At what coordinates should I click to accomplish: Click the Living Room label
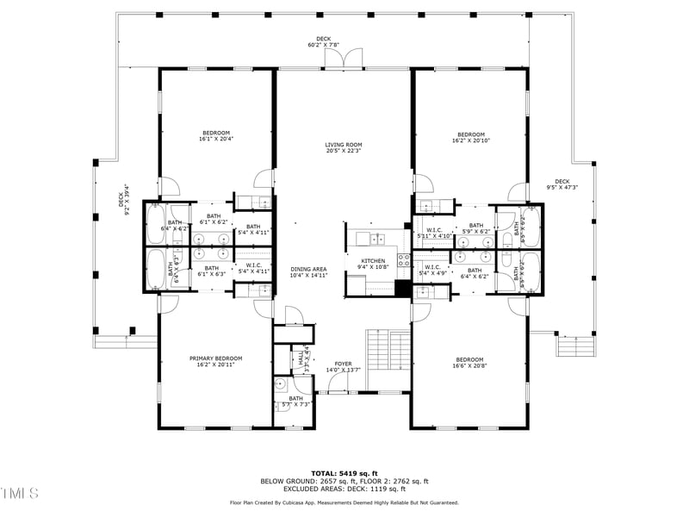click(343, 147)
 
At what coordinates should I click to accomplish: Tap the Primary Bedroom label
click(215, 361)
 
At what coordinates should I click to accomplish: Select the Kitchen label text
click(373, 264)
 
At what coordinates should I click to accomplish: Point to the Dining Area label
click(308, 272)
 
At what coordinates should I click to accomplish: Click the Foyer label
click(343, 366)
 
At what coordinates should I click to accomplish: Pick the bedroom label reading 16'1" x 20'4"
click(215, 135)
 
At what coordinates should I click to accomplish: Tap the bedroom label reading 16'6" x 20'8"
click(470, 363)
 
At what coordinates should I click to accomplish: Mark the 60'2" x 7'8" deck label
click(323, 41)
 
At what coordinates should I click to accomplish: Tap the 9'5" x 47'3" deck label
click(562, 184)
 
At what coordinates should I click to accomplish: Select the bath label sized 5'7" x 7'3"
click(296, 401)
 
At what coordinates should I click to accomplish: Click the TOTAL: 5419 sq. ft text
click(344, 473)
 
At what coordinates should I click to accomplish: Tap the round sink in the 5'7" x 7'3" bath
click(281, 384)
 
